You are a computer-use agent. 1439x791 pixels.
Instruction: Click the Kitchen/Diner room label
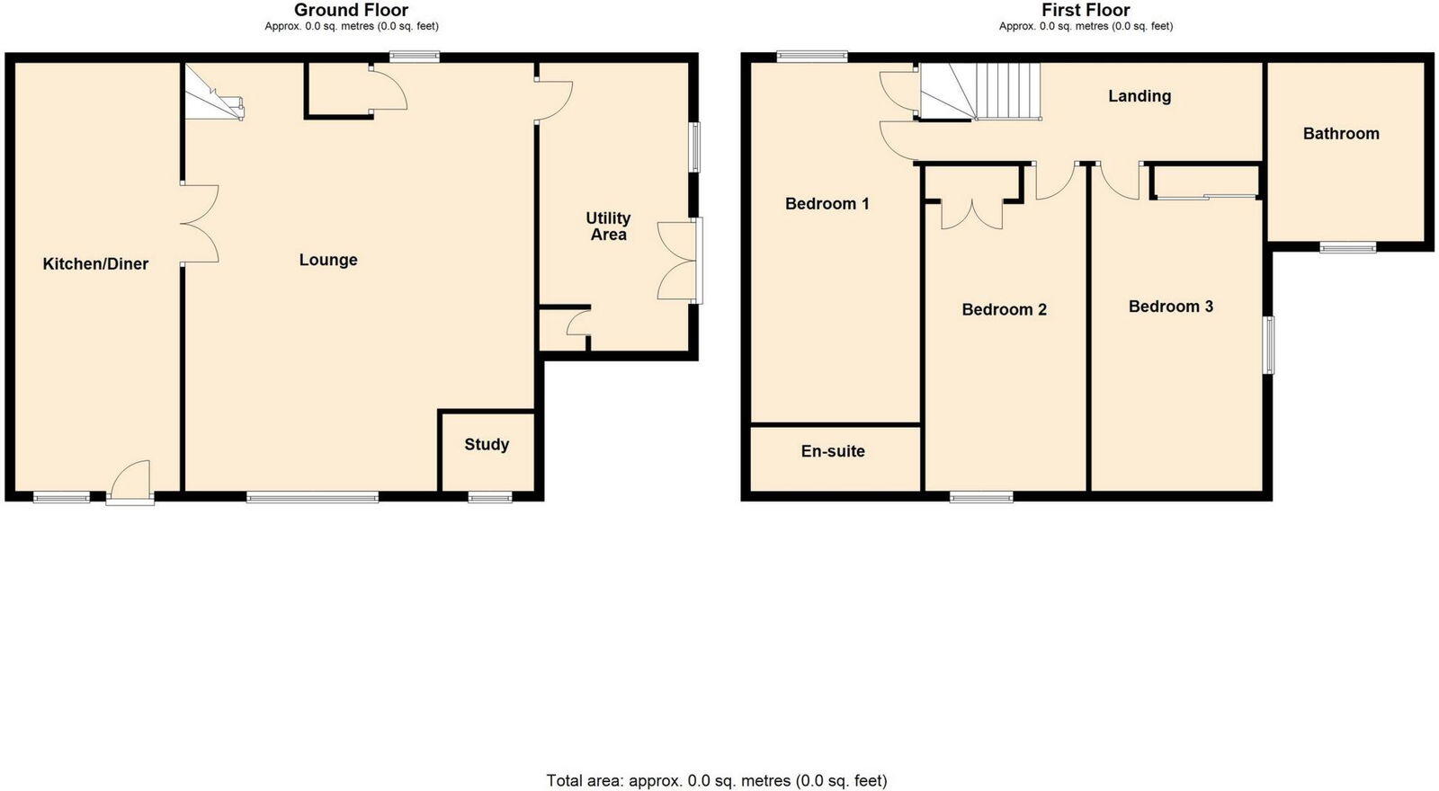tap(95, 264)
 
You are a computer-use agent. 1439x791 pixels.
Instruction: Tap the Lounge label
tap(328, 261)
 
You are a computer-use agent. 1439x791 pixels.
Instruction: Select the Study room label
tap(487, 445)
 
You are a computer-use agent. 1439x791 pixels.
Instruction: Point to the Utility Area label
tap(608, 227)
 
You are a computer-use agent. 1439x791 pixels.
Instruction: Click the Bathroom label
tap(1341, 134)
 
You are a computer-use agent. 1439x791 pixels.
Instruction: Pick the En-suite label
tap(833, 451)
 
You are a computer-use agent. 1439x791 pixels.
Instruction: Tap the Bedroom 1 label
tap(827, 204)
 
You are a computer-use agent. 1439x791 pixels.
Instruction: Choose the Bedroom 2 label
tap(1004, 310)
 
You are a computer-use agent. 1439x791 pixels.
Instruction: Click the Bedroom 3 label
tap(1170, 307)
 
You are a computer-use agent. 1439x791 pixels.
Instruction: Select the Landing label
tap(1139, 96)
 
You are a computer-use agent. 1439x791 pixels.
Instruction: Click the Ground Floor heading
tap(351, 10)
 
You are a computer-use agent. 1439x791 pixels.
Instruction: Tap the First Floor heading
tap(1086, 10)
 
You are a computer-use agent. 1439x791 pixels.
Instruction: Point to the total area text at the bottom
tap(717, 780)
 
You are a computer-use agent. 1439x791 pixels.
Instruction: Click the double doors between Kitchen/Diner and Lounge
tap(200, 224)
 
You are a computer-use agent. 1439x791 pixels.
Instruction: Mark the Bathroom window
tap(1347, 247)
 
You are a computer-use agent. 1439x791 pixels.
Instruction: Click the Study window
tap(490, 496)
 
